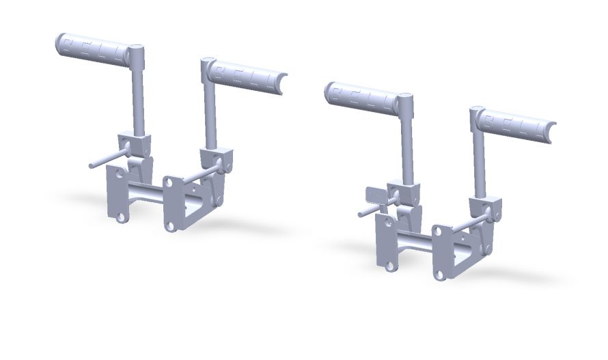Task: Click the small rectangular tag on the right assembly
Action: (x=374, y=195)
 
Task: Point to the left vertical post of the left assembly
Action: (x=139, y=96)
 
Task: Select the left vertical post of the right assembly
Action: (x=407, y=143)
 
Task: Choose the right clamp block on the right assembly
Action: (x=486, y=206)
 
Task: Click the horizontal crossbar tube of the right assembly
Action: (x=413, y=242)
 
